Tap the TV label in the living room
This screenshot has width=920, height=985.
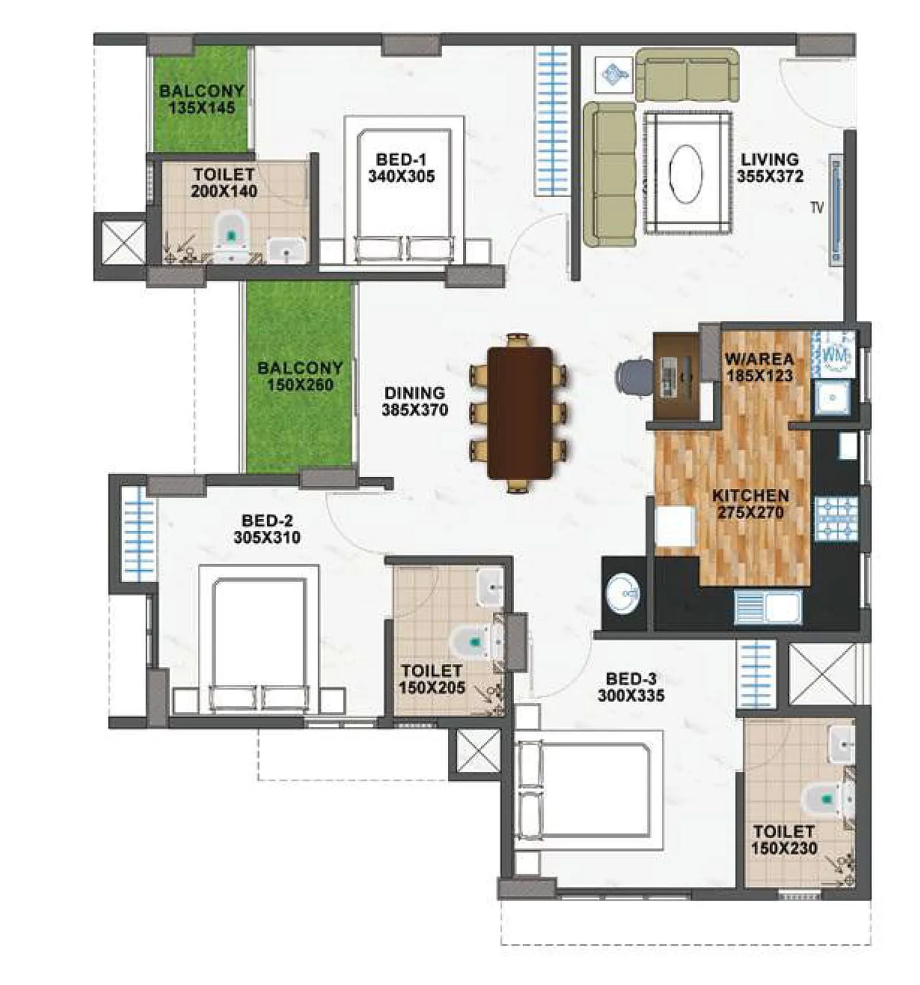pyautogui.click(x=816, y=208)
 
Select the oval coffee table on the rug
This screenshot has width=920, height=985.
pyautogui.click(x=686, y=173)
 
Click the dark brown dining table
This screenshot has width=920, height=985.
pyautogui.click(x=519, y=412)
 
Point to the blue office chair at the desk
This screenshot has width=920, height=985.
pyautogui.click(x=634, y=377)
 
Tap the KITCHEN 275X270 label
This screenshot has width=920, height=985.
pyautogui.click(x=750, y=504)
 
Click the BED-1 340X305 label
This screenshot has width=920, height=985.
pyautogui.click(x=401, y=167)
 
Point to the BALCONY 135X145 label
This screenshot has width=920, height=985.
pyautogui.click(x=201, y=99)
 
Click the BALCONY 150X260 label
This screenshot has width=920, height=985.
pyautogui.click(x=300, y=376)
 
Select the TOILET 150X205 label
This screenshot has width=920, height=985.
pyautogui.click(x=431, y=679)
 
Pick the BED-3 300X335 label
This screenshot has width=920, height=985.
pyautogui.click(x=630, y=687)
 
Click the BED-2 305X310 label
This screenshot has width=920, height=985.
pyautogui.click(x=267, y=528)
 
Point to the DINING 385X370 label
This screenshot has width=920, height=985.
pyautogui.click(x=414, y=401)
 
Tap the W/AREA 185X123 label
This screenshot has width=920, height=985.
pyautogui.click(x=758, y=367)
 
